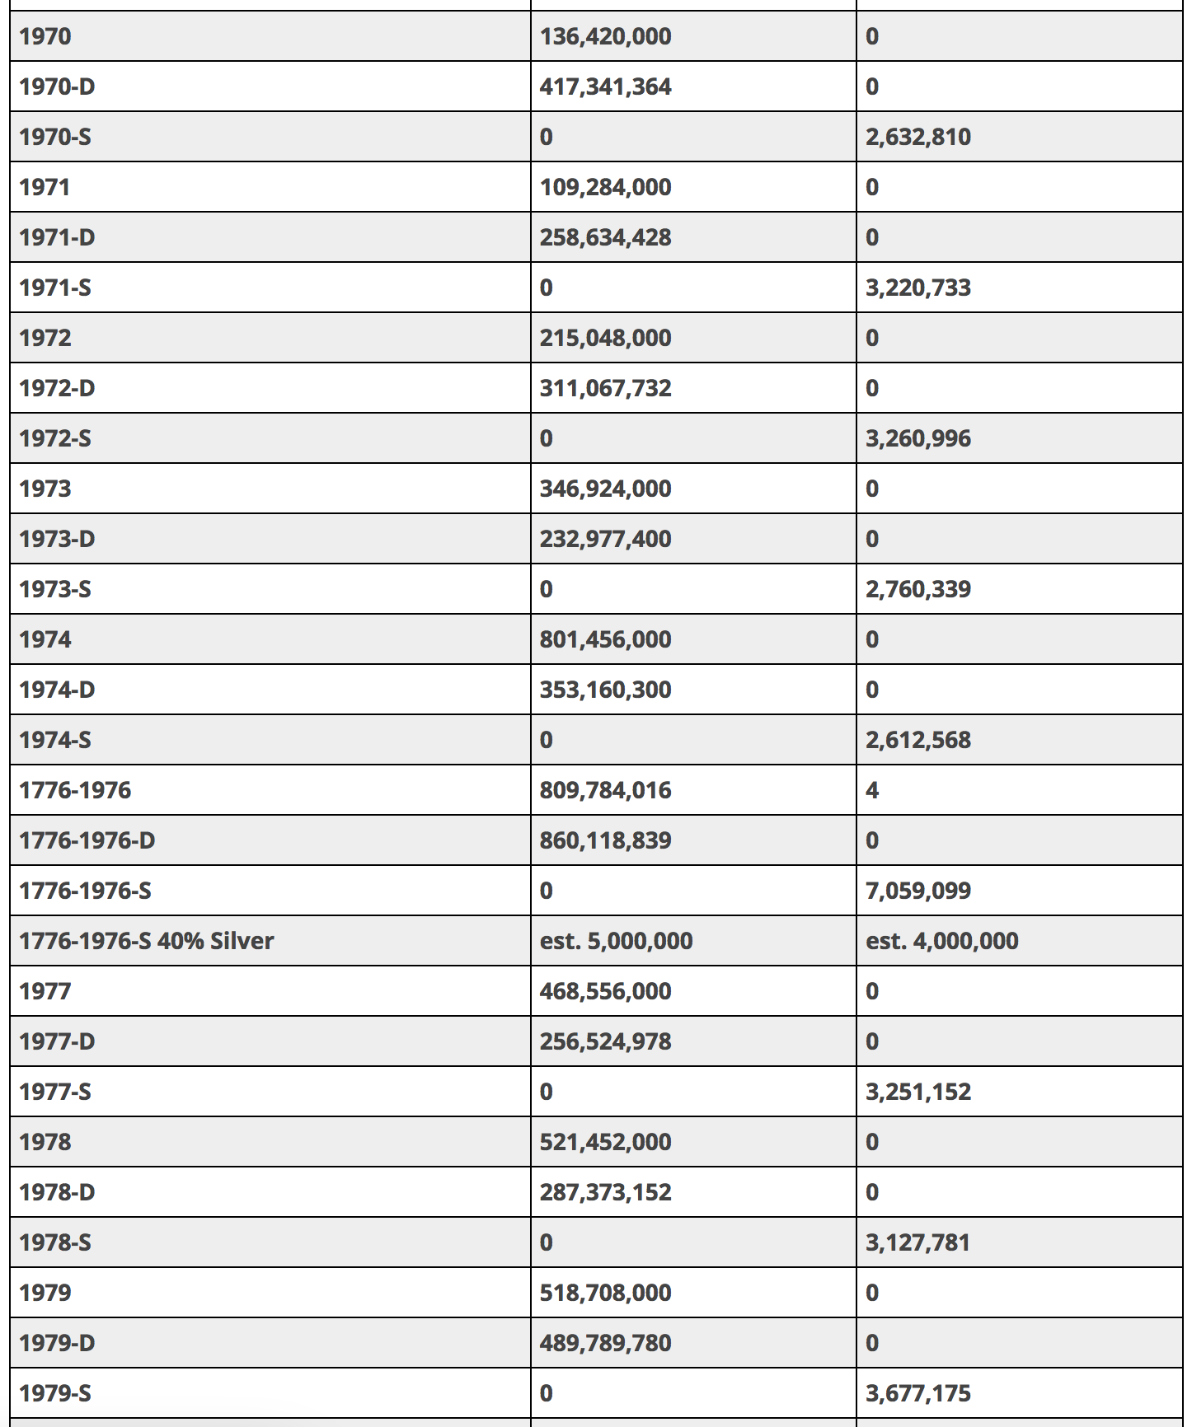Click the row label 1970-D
[57, 87]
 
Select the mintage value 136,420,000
[605, 36]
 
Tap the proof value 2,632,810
[917, 137]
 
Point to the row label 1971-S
[55, 288]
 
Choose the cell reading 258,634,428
[605, 237]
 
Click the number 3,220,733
[917, 288]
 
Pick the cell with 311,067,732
[605, 388]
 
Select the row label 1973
[45, 489]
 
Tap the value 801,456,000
[605, 639]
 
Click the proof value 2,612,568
[917, 740]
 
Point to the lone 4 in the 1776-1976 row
[872, 790]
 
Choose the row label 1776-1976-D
[87, 840]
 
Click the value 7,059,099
[917, 891]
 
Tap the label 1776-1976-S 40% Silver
[147, 941]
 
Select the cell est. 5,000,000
[616, 941]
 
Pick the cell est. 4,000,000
[941, 941]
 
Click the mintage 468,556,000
[605, 991]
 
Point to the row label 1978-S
[55, 1242]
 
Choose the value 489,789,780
[605, 1343]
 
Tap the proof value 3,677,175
[917, 1393]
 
